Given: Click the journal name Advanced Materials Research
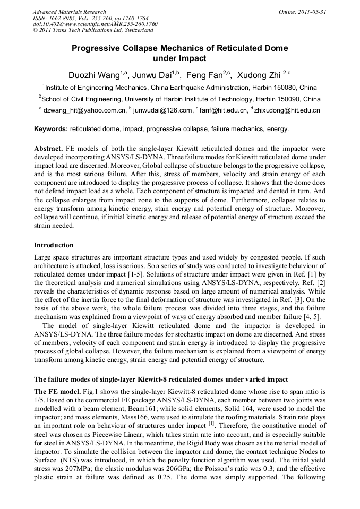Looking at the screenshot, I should tap(69, 12).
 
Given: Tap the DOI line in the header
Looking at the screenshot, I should tap(95, 24).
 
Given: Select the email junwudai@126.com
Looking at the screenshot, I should tap(164, 110).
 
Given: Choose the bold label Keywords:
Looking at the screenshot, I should tap(51, 129).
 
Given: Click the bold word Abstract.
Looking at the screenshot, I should tap(48, 149).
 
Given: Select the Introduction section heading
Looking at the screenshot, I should tap(54, 245).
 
